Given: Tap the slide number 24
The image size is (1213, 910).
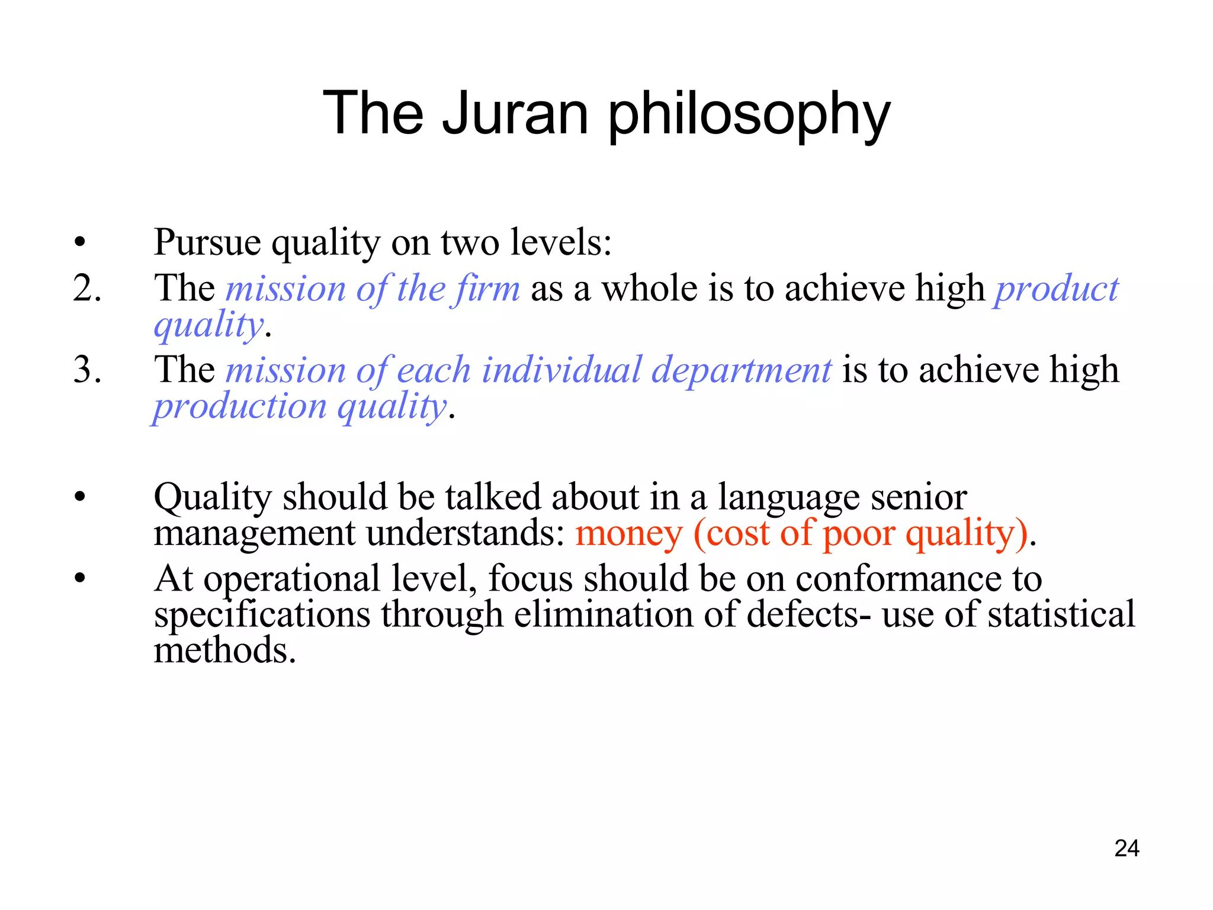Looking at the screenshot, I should (1127, 848).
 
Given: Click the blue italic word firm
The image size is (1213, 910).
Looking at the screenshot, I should (484, 289).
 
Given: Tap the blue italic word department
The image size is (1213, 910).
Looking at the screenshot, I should (742, 371).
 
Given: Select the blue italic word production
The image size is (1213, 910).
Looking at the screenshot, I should (240, 408).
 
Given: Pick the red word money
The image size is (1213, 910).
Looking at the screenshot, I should (628, 533).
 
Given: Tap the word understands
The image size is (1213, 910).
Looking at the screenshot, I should (466, 533).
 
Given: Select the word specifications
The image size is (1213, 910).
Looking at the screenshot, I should (262, 615).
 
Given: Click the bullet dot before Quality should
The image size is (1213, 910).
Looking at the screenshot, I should (80, 497).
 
